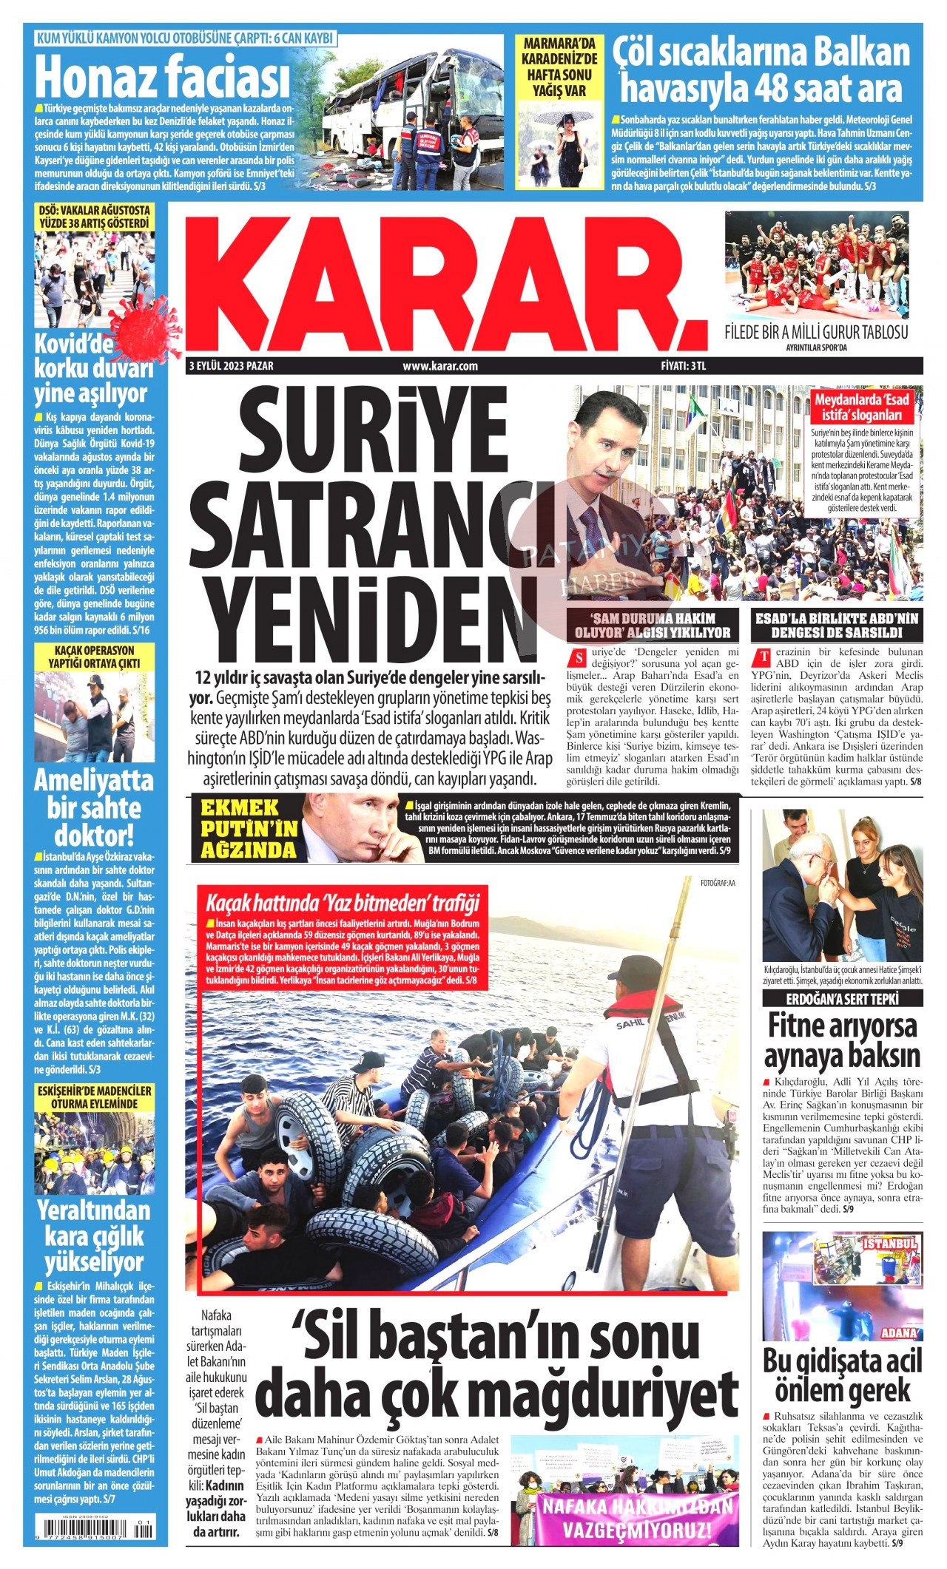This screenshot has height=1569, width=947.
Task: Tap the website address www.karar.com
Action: tap(439, 365)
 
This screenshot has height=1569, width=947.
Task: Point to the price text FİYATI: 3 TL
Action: tap(684, 365)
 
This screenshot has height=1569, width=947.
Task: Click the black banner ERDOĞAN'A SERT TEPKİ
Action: tap(842, 999)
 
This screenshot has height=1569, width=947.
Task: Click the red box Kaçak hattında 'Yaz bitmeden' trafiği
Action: tap(343, 903)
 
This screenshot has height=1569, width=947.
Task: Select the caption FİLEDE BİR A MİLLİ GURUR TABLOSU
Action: tap(815, 332)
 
